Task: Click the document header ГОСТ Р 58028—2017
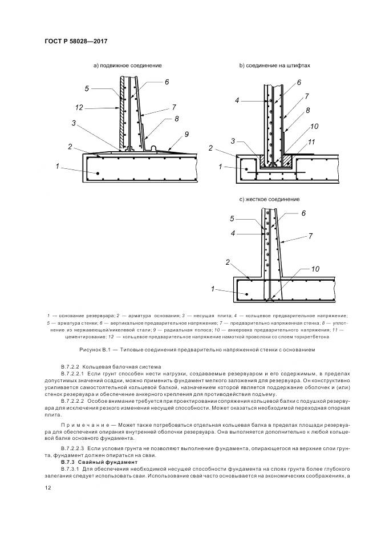click(76, 42)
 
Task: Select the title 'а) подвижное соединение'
click(127, 66)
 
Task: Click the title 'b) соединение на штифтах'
click(274, 66)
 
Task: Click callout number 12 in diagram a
click(79, 107)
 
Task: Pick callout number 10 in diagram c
click(315, 268)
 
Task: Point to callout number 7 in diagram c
click(311, 235)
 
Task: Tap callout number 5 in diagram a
click(87, 88)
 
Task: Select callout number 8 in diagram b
click(307, 111)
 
